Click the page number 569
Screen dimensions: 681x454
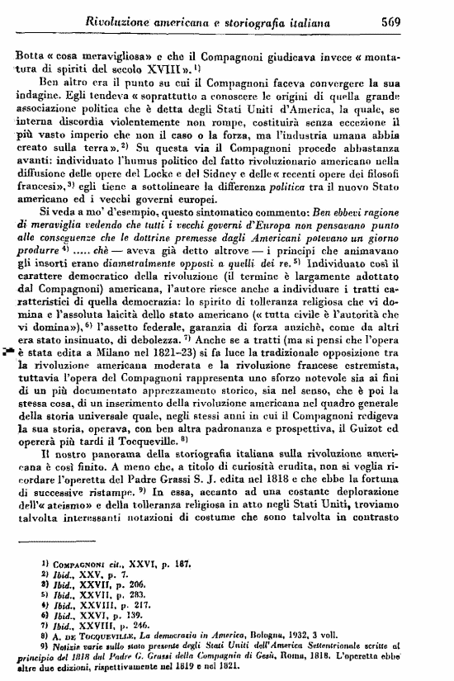pos(426,23)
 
